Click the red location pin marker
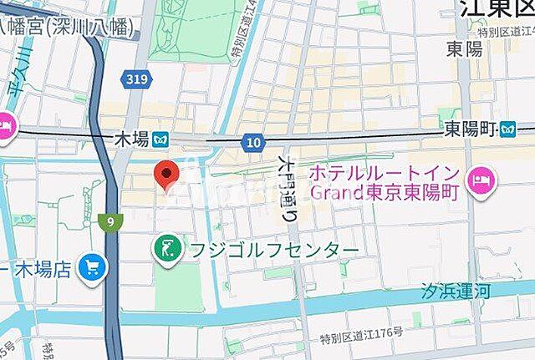point(168,174)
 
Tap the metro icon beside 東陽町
point(507,129)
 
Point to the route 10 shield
point(253,143)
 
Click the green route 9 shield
point(111,221)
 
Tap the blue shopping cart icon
point(91,268)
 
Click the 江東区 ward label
point(496,9)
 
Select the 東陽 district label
point(464,48)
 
